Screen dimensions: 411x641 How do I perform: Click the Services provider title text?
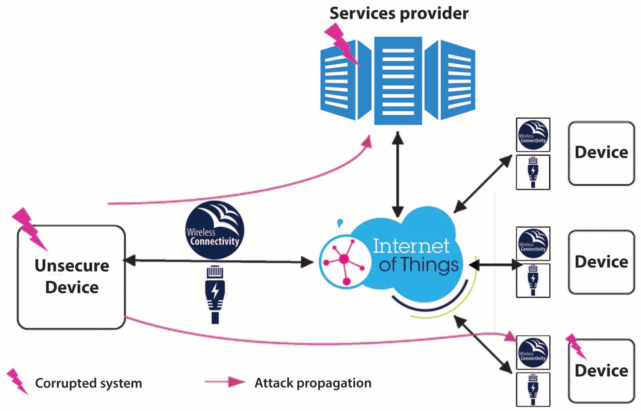[399, 14]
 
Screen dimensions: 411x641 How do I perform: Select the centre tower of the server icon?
[398, 81]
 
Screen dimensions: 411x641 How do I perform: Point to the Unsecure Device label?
[72, 276]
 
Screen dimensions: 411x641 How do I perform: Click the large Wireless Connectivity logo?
[215, 230]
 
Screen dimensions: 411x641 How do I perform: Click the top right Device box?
[601, 153]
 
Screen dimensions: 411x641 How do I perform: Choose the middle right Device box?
[601, 262]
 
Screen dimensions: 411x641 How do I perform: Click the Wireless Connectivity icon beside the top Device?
[533, 135]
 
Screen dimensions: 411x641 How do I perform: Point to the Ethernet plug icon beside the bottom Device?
[533, 390]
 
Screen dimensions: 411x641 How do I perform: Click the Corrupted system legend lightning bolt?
[17, 381]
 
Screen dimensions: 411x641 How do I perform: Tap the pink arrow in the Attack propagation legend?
[225, 382]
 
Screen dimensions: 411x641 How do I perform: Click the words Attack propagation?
[313, 383]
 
